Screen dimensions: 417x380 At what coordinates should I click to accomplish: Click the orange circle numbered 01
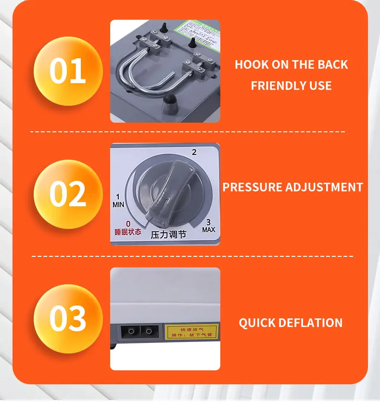click(68, 71)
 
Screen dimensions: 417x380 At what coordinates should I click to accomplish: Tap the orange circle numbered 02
click(68, 194)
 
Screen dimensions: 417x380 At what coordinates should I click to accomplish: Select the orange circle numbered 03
click(68, 318)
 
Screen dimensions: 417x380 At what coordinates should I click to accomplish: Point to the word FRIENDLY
click(276, 86)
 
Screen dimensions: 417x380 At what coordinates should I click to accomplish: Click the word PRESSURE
click(253, 187)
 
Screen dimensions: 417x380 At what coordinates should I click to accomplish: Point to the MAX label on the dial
click(208, 230)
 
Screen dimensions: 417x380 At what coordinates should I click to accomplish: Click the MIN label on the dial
click(118, 204)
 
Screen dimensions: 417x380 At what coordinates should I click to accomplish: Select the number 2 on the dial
click(194, 152)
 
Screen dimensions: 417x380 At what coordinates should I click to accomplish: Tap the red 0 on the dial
click(128, 224)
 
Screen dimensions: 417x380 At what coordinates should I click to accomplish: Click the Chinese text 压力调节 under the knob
click(168, 235)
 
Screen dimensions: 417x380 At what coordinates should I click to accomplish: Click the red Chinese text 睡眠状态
click(128, 231)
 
